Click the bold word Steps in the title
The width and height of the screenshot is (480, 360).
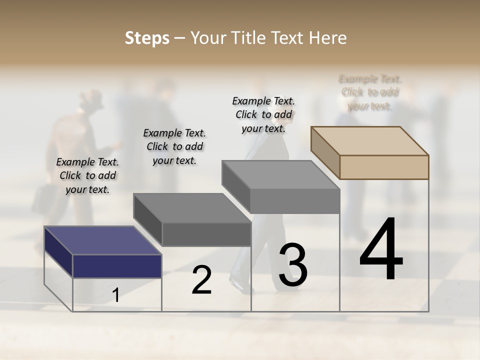146,38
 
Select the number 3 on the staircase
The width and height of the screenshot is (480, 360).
293,265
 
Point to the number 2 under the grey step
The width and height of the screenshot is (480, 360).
201,280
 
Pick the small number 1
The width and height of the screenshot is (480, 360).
116,295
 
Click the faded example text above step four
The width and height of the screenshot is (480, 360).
370,92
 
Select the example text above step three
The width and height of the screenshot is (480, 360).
263,114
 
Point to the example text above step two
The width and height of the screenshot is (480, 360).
174,146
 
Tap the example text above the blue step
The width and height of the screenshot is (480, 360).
87,175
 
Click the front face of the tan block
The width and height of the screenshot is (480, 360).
384,167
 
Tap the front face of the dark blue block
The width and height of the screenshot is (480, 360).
117,266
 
